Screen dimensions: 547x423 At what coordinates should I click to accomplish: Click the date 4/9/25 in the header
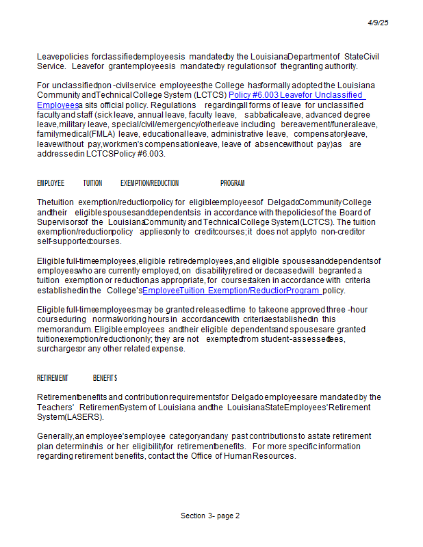point(378,23)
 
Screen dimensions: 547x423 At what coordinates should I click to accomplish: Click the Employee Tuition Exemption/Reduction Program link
point(231,291)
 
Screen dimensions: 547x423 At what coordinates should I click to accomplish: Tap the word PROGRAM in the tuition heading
point(232,183)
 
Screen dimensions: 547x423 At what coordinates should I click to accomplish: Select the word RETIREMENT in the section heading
point(53,378)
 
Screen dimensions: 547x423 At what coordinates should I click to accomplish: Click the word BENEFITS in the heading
point(105,378)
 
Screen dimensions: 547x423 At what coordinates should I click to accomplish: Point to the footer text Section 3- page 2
point(210,516)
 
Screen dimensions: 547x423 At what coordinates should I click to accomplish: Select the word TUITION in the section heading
point(92,183)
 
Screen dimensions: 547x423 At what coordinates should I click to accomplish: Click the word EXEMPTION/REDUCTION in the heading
point(149,183)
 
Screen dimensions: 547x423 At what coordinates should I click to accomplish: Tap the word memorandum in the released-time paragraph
point(64,330)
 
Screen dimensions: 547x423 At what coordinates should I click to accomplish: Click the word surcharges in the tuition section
point(57,349)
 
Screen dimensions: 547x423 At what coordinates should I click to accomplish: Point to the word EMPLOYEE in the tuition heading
point(51,183)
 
